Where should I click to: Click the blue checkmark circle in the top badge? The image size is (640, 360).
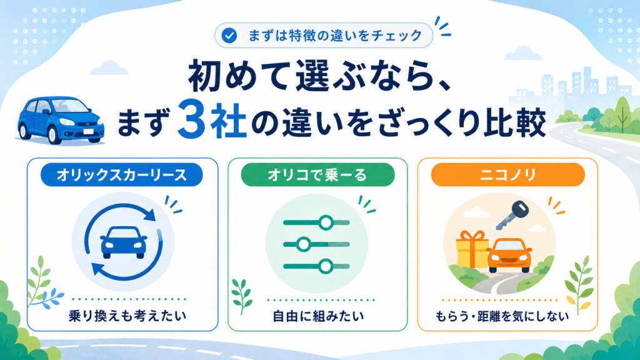pos(229,36)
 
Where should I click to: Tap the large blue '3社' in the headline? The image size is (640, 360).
pos(212,121)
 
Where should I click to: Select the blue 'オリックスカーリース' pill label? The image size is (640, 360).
pos(122,175)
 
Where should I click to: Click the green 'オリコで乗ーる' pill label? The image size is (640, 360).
pos(317,175)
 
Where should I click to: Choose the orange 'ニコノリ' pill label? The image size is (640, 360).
pos(507,175)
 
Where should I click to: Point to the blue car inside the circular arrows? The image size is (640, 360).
pos(124,242)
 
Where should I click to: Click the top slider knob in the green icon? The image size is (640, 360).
pos(326,222)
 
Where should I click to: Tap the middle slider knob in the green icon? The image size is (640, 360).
pos(303,244)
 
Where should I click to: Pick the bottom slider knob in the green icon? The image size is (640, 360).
pos(325,266)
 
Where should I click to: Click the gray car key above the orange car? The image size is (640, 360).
pos(512,214)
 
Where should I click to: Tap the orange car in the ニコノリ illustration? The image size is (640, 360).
pos(509,255)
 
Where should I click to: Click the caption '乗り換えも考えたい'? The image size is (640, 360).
pos(127,316)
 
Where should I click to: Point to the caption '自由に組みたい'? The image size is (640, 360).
pos(318,316)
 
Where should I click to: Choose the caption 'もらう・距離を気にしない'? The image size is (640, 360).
pos(502,316)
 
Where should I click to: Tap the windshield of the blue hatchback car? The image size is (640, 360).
pos(71,106)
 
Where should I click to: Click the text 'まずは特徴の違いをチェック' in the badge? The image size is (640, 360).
pos(335,36)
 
